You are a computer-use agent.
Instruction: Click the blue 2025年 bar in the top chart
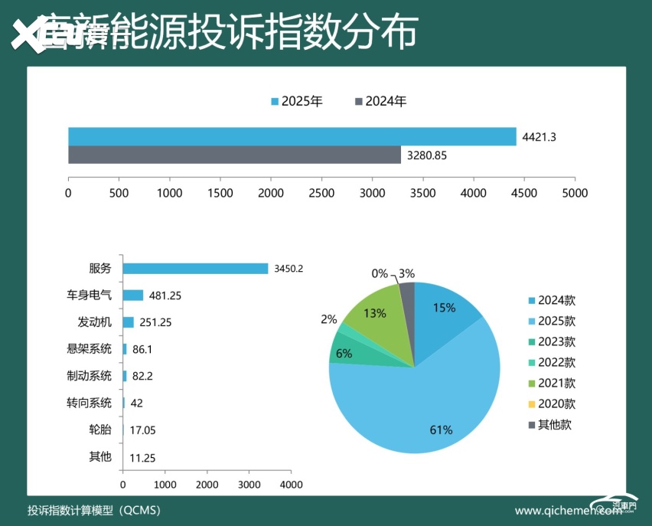click(292, 136)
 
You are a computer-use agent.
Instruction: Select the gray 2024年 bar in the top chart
click(234, 155)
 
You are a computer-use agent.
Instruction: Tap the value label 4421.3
click(539, 137)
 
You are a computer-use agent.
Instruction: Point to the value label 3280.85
click(426, 155)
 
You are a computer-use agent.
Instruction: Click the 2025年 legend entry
click(297, 101)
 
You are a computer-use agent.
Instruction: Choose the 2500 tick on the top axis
click(321, 193)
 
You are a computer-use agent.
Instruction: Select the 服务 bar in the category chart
click(195, 268)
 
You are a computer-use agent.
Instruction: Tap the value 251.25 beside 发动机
click(155, 322)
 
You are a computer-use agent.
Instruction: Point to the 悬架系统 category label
click(89, 349)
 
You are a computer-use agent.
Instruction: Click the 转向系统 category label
click(89, 403)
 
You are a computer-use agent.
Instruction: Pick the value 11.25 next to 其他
click(143, 457)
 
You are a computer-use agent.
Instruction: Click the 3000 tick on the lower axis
click(249, 485)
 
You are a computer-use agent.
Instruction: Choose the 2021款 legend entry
click(551, 383)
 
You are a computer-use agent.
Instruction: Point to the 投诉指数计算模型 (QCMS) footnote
click(93, 510)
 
